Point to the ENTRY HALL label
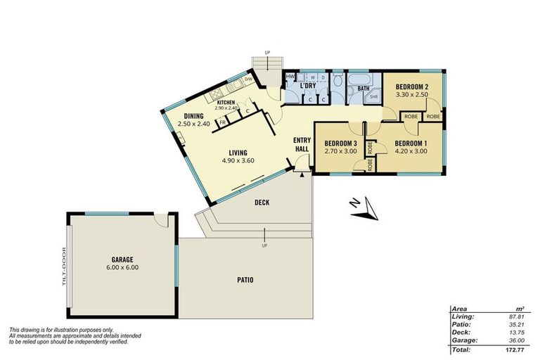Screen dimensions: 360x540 pos(302,144)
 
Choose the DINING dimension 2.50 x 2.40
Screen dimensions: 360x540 pos(194,124)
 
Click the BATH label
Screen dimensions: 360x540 pos(364,89)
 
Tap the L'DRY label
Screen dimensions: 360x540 pos(307,86)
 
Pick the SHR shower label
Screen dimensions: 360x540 pos(374,96)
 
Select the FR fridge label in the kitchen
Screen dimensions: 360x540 pos(223,122)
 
